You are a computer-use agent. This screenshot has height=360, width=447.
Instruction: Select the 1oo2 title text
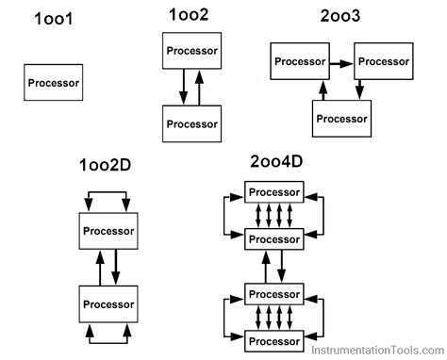[x=189, y=16]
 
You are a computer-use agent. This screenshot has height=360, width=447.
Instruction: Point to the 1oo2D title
[x=106, y=167]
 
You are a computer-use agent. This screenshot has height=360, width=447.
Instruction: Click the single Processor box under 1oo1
[x=54, y=82]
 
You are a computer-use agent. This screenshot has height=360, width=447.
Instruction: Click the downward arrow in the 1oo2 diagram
[x=182, y=87]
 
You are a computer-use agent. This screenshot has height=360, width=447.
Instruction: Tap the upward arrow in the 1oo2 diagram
[x=198, y=87]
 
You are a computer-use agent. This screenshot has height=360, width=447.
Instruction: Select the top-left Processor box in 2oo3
[x=300, y=62]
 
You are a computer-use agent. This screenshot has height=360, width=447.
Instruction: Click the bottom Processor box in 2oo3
[x=340, y=118]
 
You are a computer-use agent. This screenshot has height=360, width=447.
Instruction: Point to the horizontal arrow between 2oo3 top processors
[x=341, y=62]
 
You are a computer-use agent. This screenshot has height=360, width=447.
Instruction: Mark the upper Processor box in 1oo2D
[x=108, y=230]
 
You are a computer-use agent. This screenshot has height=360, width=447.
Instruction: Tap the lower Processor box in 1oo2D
[x=108, y=303]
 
